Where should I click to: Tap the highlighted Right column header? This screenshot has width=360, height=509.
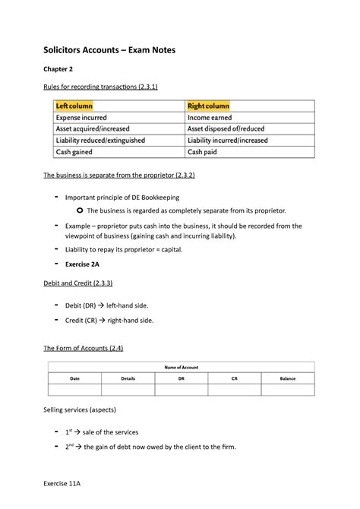coord(209,105)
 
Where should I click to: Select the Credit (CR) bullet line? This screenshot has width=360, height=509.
coord(115,321)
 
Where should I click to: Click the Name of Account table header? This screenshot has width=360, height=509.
coord(180,367)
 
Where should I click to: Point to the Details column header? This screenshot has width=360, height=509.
coord(128,378)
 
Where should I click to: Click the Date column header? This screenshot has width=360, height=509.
coord(74,378)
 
